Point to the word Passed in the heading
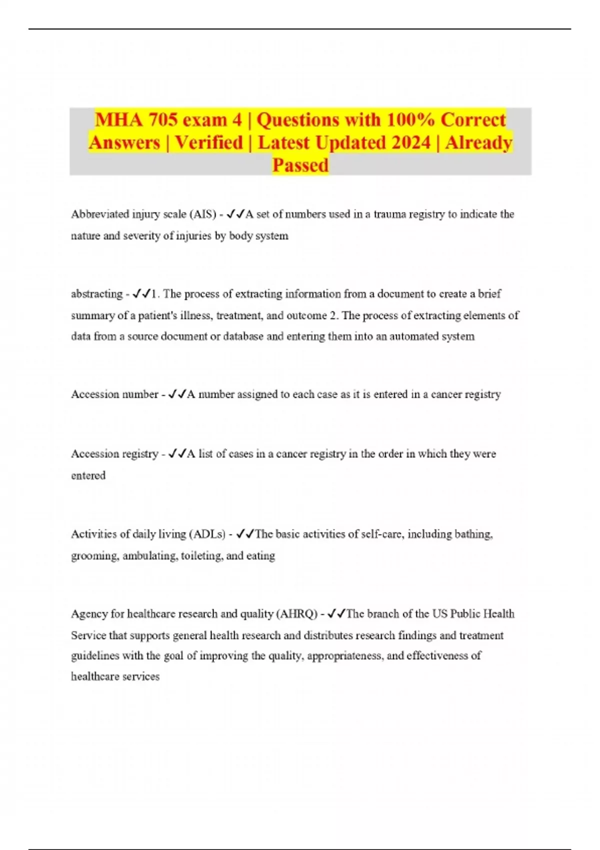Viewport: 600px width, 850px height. click(x=300, y=165)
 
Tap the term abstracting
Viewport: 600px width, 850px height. click(x=96, y=294)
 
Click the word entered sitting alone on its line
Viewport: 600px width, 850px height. click(x=88, y=475)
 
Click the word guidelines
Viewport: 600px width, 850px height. click(x=94, y=656)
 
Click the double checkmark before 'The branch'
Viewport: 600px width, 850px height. click(x=336, y=614)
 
